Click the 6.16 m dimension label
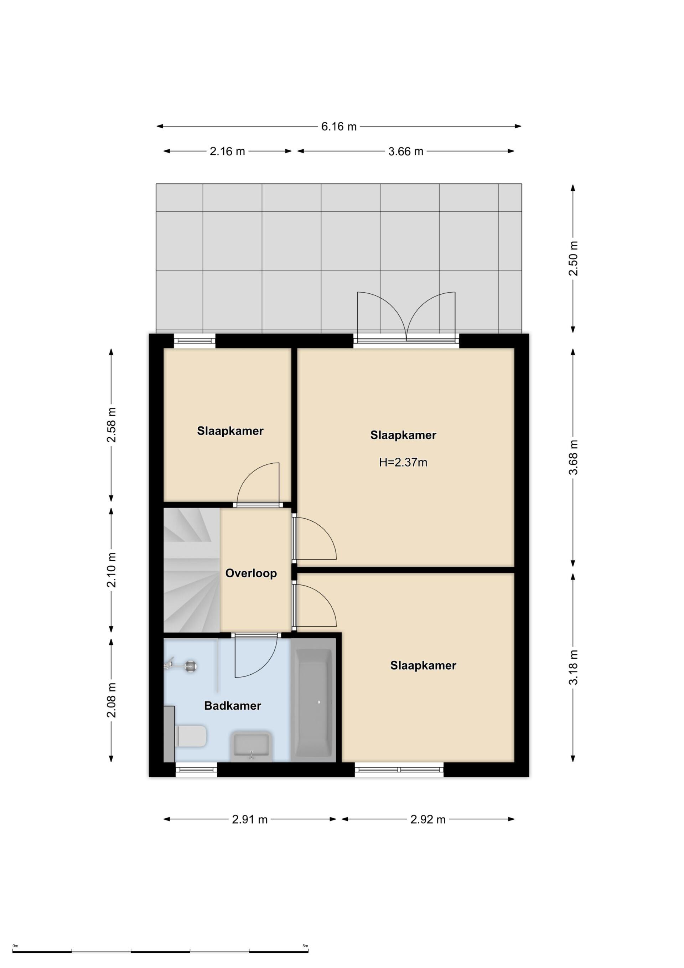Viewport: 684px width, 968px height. pyautogui.click(x=339, y=127)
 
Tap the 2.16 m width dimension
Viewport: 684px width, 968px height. pyautogui.click(x=227, y=151)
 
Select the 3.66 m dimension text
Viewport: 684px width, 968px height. pyautogui.click(x=405, y=151)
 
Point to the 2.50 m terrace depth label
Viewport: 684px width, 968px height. pyautogui.click(x=573, y=258)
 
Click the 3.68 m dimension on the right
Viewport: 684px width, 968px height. pyautogui.click(x=573, y=457)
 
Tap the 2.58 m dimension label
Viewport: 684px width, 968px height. pyautogui.click(x=111, y=424)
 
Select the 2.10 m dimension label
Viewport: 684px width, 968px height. pyautogui.click(x=111, y=570)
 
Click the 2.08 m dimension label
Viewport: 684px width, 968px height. pyautogui.click(x=111, y=700)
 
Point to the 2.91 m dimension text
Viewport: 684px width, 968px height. pyautogui.click(x=250, y=820)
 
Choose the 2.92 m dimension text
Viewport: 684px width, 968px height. pyautogui.click(x=428, y=820)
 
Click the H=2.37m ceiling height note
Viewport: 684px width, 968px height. pyautogui.click(x=403, y=463)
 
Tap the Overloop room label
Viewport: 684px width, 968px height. pyautogui.click(x=251, y=573)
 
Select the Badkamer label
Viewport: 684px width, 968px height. pyautogui.click(x=233, y=706)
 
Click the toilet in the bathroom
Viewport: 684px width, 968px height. pyautogui.click(x=191, y=736)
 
